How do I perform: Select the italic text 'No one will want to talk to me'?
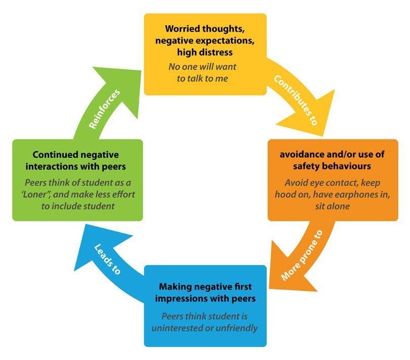point(206,72)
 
